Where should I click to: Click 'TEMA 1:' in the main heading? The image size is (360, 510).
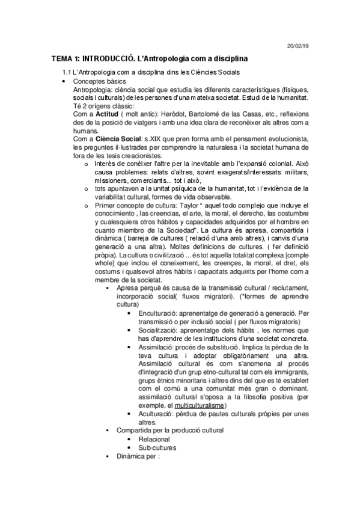click(x=66, y=59)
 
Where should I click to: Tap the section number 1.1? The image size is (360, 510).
click(x=67, y=73)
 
